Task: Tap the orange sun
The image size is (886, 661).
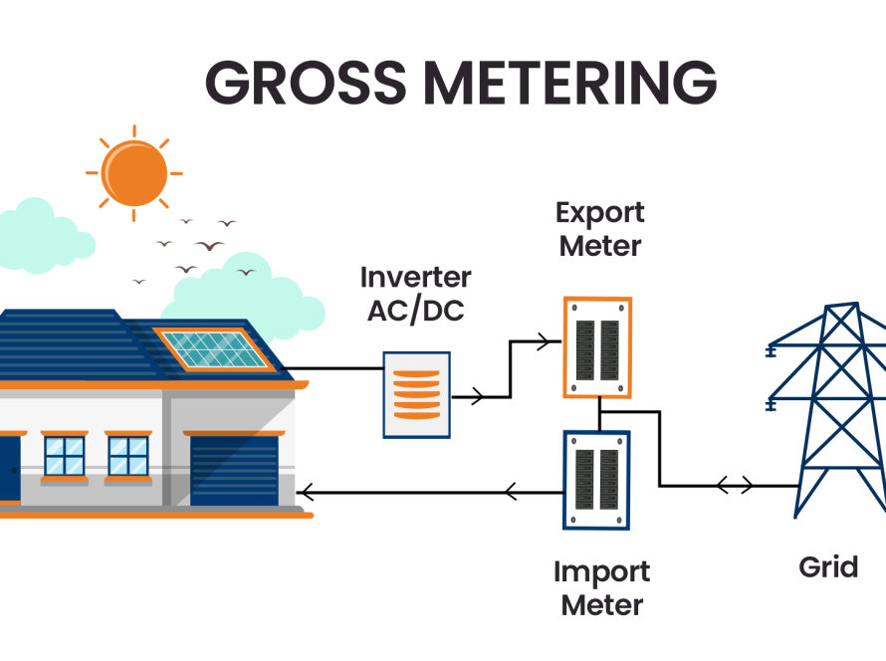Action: click(134, 172)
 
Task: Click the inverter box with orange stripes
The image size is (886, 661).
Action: click(415, 394)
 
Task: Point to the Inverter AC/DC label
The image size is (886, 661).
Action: click(416, 293)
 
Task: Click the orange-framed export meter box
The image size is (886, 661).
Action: click(597, 346)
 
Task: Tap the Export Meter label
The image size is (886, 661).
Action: click(600, 229)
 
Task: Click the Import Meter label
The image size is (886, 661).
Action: click(601, 587)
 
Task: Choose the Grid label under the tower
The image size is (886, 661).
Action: click(828, 566)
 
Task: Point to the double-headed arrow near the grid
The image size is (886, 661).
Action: click(735, 486)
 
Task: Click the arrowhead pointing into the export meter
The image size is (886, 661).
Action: click(543, 342)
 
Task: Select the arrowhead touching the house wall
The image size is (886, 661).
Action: click(308, 490)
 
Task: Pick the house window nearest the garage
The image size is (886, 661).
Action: click(128, 455)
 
